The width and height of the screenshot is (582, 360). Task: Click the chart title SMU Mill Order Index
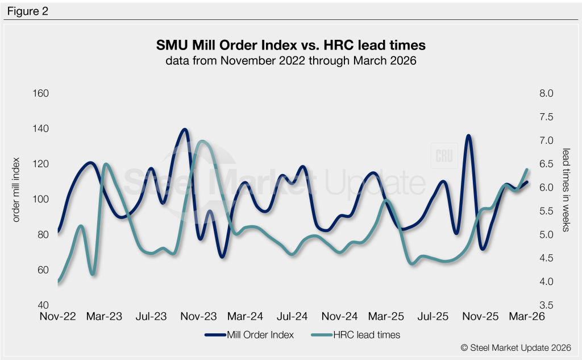pyautogui.click(x=226, y=45)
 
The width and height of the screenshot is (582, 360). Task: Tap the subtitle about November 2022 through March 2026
pyautogui.click(x=290, y=60)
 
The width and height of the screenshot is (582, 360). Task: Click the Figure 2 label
pyautogui.click(x=28, y=11)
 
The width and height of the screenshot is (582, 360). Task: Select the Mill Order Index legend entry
pyautogui.click(x=249, y=335)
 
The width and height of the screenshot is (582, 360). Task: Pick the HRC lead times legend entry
pyautogui.click(x=356, y=335)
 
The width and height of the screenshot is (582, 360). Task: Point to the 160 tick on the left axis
pyautogui.click(x=41, y=93)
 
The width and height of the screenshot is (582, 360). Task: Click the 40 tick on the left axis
pyautogui.click(x=43, y=305)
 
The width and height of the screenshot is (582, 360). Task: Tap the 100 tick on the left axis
pyautogui.click(x=41, y=199)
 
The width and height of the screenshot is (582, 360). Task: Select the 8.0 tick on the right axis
pyautogui.click(x=546, y=93)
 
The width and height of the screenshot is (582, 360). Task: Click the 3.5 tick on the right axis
pyautogui.click(x=546, y=305)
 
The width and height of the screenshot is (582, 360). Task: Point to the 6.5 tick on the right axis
pyautogui.click(x=546, y=164)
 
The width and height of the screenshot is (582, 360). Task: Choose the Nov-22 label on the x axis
pyautogui.click(x=57, y=316)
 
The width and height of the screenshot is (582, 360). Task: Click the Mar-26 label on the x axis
pyautogui.click(x=527, y=316)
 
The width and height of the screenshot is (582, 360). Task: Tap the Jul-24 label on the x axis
pyautogui.click(x=292, y=316)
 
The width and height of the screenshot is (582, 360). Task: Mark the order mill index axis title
pyautogui.click(x=16, y=190)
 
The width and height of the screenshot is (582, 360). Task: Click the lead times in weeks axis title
pyautogui.click(x=566, y=190)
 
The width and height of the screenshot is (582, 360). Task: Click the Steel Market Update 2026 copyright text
pyautogui.click(x=516, y=347)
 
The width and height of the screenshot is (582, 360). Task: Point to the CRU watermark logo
pyautogui.click(x=444, y=156)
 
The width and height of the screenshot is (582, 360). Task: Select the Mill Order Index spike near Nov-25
pyautogui.click(x=468, y=136)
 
